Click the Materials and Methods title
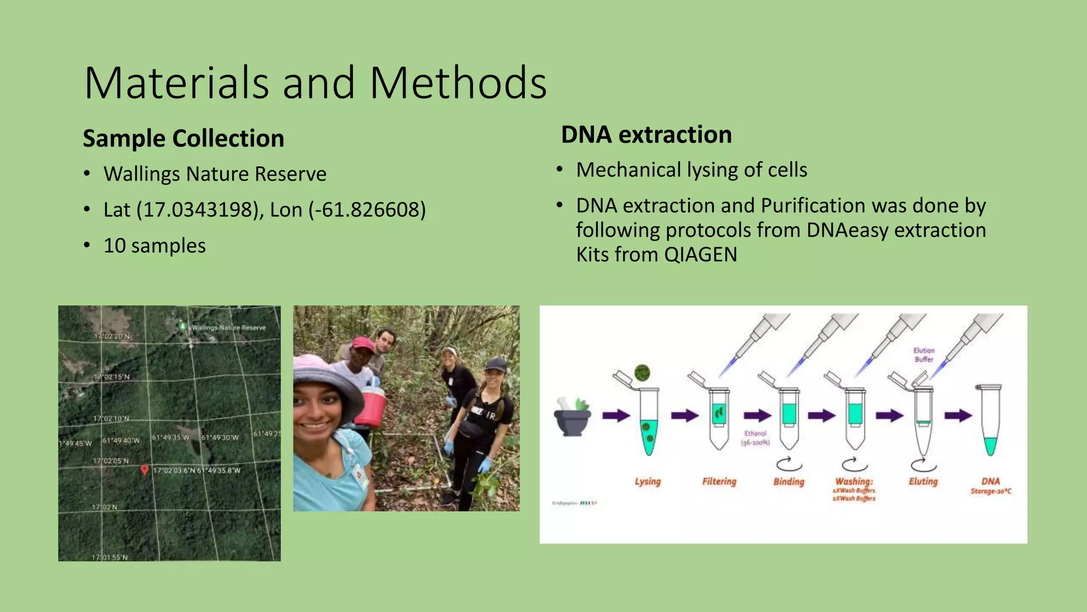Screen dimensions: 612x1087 click(x=315, y=83)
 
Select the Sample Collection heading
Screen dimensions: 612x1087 click(x=184, y=139)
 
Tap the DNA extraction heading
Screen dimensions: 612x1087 click(x=646, y=134)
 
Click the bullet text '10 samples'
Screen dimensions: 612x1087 click(x=154, y=246)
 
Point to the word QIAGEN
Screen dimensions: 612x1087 click(x=701, y=254)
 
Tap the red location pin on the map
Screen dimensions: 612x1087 click(x=144, y=470)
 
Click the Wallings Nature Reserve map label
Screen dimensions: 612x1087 click(x=228, y=328)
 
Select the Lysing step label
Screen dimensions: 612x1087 click(x=648, y=482)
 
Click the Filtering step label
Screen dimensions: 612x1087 click(x=719, y=482)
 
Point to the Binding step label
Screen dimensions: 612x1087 click(x=789, y=482)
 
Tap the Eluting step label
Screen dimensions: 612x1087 click(x=923, y=481)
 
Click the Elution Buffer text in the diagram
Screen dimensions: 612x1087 click(x=924, y=355)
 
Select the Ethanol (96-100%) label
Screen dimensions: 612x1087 click(x=755, y=438)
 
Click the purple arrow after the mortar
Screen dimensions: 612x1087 click(x=616, y=415)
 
